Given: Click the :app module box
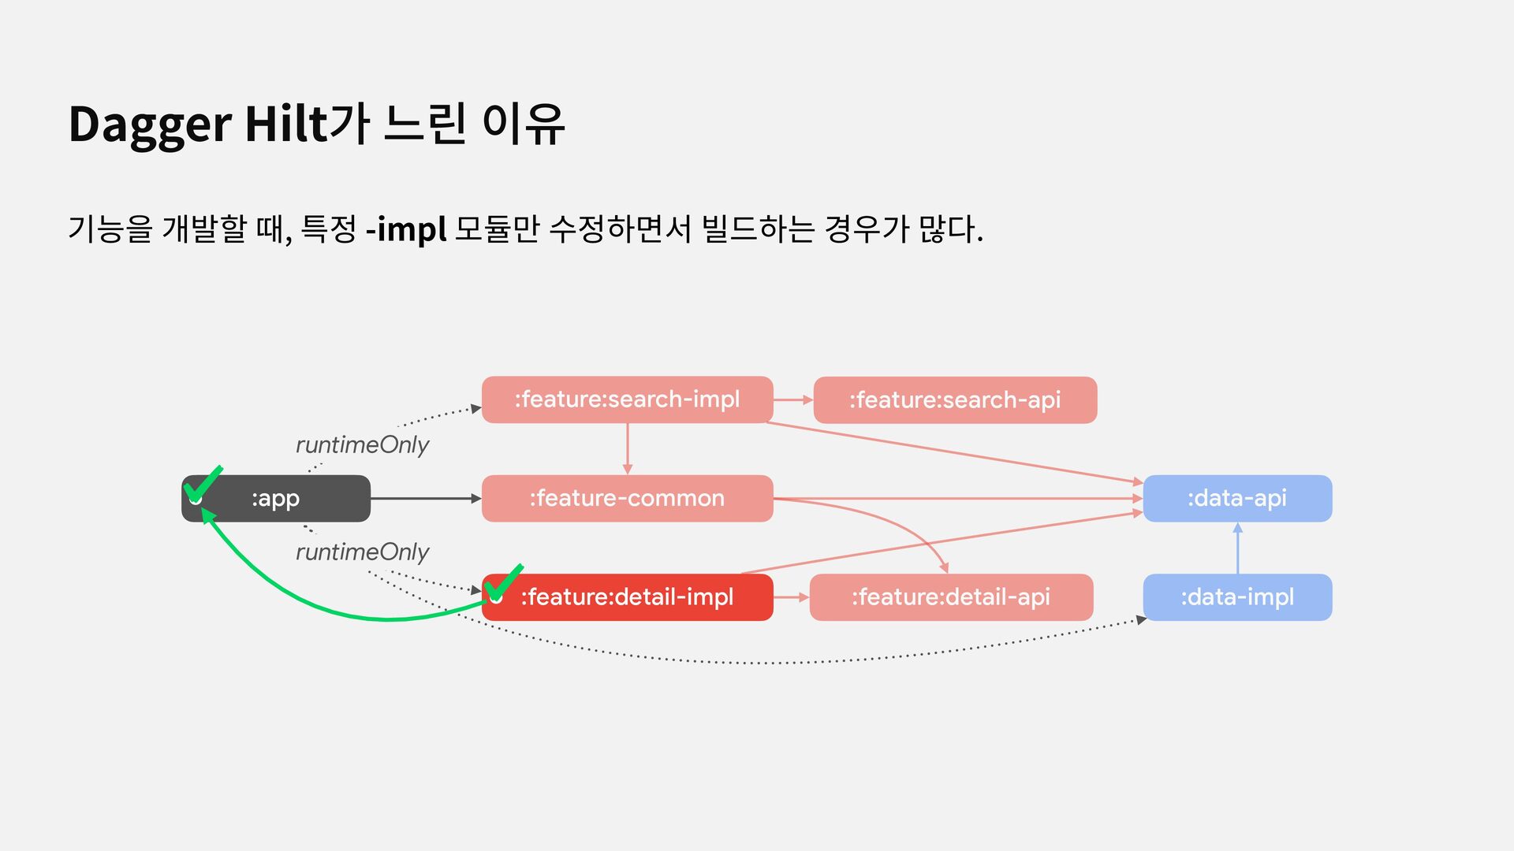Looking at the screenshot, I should [x=276, y=498].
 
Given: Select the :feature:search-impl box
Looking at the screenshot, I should [x=627, y=399].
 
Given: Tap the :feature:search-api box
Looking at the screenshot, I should [x=954, y=400].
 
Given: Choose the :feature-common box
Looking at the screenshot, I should [x=627, y=498].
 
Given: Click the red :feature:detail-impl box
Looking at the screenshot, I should [x=627, y=597].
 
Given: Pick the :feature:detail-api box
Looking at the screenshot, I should [x=950, y=597].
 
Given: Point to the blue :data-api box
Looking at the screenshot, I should [x=1236, y=498].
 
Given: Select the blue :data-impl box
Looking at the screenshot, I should [x=1236, y=597].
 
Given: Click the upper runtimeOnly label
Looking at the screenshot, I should [x=362, y=445].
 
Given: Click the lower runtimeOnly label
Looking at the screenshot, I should [x=362, y=552].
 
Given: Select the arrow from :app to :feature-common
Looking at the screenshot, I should [x=426, y=498].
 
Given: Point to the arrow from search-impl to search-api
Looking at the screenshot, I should [x=792, y=399].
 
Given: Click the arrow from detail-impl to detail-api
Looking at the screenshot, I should [x=791, y=597].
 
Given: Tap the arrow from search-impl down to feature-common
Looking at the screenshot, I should [x=628, y=449].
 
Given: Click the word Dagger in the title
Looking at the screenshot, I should [x=150, y=124].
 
